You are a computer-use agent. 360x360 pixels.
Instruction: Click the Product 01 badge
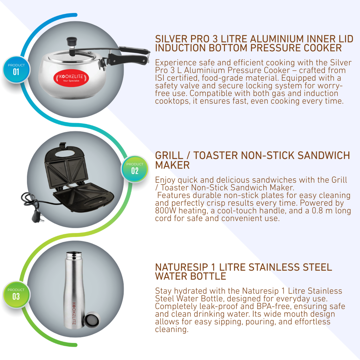[x=16, y=69]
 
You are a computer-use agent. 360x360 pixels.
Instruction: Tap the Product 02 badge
[x=135, y=169]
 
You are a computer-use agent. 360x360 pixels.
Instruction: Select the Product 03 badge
[x=16, y=294]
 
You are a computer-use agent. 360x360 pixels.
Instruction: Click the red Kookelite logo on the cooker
[x=71, y=78]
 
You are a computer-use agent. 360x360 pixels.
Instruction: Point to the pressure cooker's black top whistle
[x=72, y=42]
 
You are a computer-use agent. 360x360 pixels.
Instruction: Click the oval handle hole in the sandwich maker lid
[x=64, y=153]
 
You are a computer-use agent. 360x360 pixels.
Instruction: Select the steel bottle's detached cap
[x=92, y=319]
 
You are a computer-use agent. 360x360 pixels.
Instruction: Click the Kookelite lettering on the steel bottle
[x=74, y=313]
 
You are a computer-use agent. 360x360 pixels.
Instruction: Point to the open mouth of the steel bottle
[x=74, y=254]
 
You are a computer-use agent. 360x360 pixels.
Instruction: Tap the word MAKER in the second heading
[x=172, y=165]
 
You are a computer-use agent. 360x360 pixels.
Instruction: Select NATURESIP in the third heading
[x=181, y=267]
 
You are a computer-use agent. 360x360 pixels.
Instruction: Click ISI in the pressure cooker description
[x=160, y=78]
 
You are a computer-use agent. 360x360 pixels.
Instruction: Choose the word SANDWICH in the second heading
[x=324, y=155]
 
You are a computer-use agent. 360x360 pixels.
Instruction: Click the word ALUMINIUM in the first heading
[x=277, y=39]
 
